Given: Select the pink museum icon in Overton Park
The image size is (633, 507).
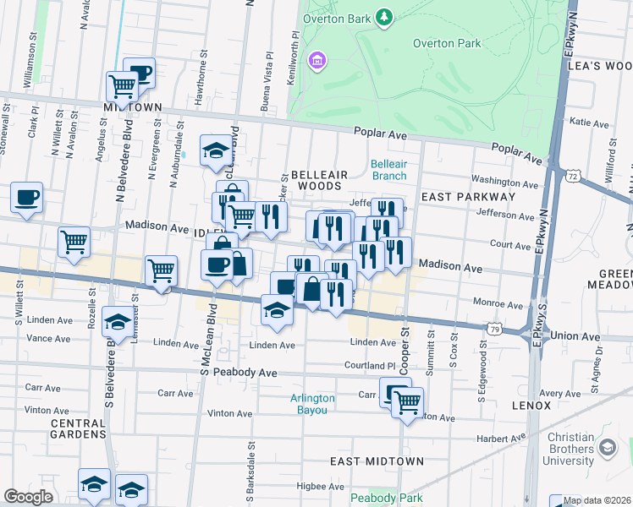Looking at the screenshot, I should [317, 60].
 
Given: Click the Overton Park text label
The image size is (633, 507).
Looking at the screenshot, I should [446, 44].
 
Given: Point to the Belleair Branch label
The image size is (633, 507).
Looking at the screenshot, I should [389, 169].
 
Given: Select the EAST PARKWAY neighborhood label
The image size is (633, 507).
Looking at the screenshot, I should [468, 197].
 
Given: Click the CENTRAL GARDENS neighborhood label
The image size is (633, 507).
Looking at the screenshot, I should [77, 428].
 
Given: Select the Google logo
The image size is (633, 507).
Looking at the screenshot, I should [28, 497].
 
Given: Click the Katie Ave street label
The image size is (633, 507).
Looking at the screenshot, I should [590, 123].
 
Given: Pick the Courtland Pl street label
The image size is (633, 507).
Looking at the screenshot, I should [369, 366].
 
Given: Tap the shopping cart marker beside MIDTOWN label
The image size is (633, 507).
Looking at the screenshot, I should [122, 85].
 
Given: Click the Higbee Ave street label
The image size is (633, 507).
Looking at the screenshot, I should [320, 487].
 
